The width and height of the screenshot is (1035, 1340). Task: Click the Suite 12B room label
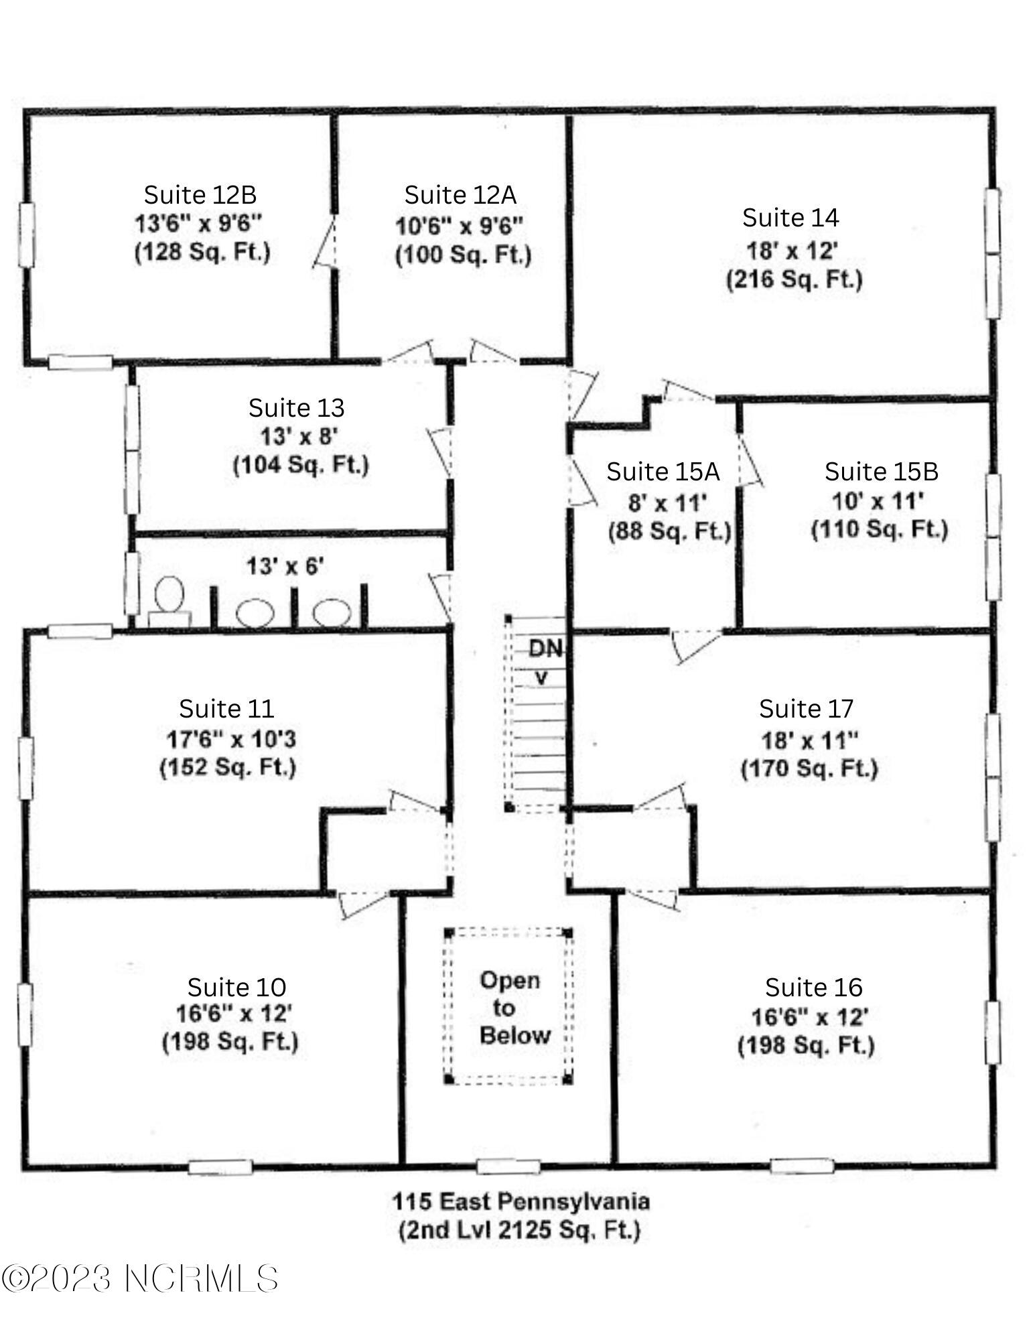pyautogui.click(x=200, y=195)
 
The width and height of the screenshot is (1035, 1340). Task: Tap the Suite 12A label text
pyautogui.click(x=460, y=195)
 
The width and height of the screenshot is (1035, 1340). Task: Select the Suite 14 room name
pyautogui.click(x=790, y=218)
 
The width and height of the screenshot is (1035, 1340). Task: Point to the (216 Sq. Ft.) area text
pyautogui.click(x=795, y=279)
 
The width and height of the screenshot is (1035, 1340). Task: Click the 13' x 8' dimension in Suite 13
pyautogui.click(x=299, y=436)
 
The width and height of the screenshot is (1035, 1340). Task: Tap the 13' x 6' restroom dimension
pyautogui.click(x=285, y=567)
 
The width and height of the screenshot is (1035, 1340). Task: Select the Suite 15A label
pyautogui.click(x=663, y=472)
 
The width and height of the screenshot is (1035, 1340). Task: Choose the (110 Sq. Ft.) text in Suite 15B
pyautogui.click(x=880, y=529)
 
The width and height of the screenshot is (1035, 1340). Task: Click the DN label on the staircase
pyautogui.click(x=545, y=649)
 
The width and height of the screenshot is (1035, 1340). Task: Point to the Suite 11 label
pyautogui.click(x=226, y=708)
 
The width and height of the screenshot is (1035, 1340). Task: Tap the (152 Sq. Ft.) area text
pyautogui.click(x=228, y=766)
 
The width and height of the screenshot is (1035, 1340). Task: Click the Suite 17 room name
pyautogui.click(x=807, y=708)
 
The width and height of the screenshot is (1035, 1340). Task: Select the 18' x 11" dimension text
pyautogui.click(x=810, y=740)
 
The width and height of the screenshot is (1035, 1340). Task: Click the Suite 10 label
pyautogui.click(x=236, y=987)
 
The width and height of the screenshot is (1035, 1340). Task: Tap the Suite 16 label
pyautogui.click(x=814, y=987)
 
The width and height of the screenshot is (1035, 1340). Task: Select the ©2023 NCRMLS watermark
pyautogui.click(x=140, y=1278)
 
